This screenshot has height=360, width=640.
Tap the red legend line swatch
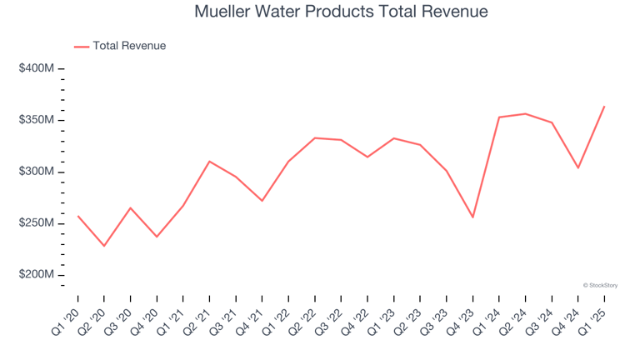pos(82,47)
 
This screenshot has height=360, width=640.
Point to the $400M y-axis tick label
pos(37,68)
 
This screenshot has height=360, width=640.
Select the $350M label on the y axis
pos(37,120)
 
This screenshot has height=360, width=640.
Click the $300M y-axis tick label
pos(37,172)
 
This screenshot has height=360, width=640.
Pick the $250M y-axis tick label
pos(37,223)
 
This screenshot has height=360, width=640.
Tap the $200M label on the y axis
pos(37,275)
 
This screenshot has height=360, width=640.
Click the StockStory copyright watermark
pos(600,285)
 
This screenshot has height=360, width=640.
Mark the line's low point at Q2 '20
pos(104,246)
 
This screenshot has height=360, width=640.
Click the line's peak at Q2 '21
pos(209,161)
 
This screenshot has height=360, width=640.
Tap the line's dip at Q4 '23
pos(472,217)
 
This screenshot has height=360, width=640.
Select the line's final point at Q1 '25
pos(604,106)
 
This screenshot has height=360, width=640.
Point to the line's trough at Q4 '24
pos(577,168)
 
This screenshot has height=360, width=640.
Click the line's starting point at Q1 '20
pos(78,216)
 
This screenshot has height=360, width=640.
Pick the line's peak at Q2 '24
pos(525,113)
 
